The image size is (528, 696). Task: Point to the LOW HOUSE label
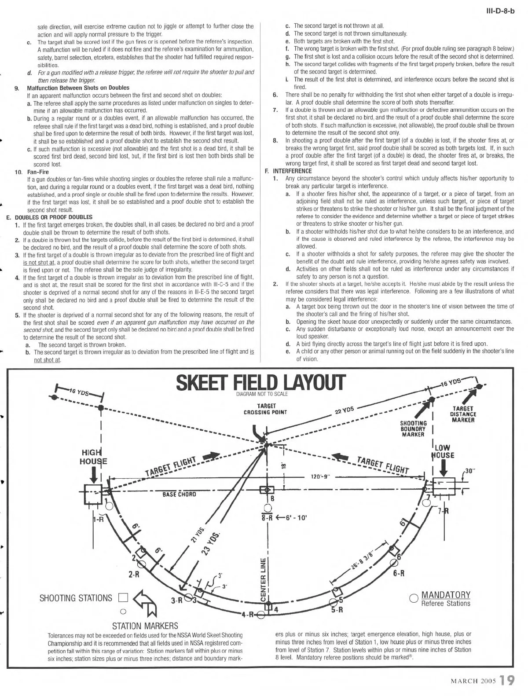click(443, 451)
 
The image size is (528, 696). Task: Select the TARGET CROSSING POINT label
click(265, 409)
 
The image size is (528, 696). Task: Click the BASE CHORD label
click(179, 494)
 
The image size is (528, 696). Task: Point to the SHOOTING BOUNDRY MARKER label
click(413, 429)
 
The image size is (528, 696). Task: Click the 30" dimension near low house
click(470, 471)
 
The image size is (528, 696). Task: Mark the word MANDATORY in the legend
click(446, 595)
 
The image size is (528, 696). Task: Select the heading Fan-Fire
click(38, 172)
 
